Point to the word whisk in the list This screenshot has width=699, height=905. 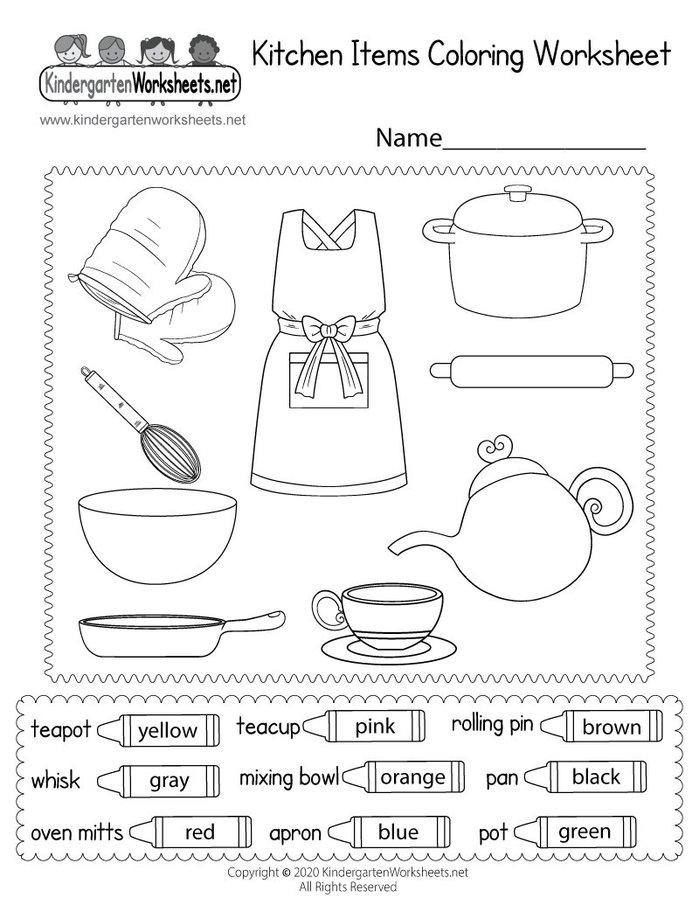[55, 780]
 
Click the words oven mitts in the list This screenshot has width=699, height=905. [77, 832]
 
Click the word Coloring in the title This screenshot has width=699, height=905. [477, 54]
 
